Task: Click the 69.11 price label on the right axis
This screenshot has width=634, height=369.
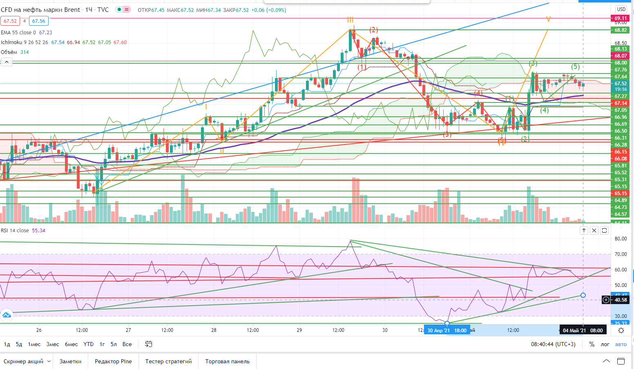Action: tap(621, 18)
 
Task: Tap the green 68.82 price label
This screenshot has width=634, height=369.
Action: tap(621, 30)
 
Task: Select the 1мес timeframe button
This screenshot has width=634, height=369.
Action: tap(34, 344)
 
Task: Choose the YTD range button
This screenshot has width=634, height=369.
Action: tap(88, 344)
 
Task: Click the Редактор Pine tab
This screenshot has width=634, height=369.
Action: tap(113, 361)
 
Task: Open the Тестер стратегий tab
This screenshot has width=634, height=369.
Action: tap(168, 361)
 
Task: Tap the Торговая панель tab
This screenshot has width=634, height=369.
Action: tap(227, 361)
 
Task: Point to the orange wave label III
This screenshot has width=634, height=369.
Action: tap(350, 20)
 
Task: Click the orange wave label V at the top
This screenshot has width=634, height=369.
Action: tap(548, 19)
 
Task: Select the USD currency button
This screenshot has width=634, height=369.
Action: tap(621, 9)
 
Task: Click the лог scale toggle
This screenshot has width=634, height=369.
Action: tap(605, 344)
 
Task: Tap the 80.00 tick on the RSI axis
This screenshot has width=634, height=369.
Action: tap(621, 239)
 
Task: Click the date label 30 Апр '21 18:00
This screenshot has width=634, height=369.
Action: tap(446, 330)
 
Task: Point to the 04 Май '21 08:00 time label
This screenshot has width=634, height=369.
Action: tap(583, 330)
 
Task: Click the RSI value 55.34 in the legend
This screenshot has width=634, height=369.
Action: tap(39, 231)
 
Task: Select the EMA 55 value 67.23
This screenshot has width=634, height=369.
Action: tap(45, 33)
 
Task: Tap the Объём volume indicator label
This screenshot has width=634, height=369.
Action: tap(9, 52)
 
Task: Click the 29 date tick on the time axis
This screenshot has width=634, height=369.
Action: tap(299, 330)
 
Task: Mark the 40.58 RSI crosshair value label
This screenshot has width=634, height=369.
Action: tap(621, 300)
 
